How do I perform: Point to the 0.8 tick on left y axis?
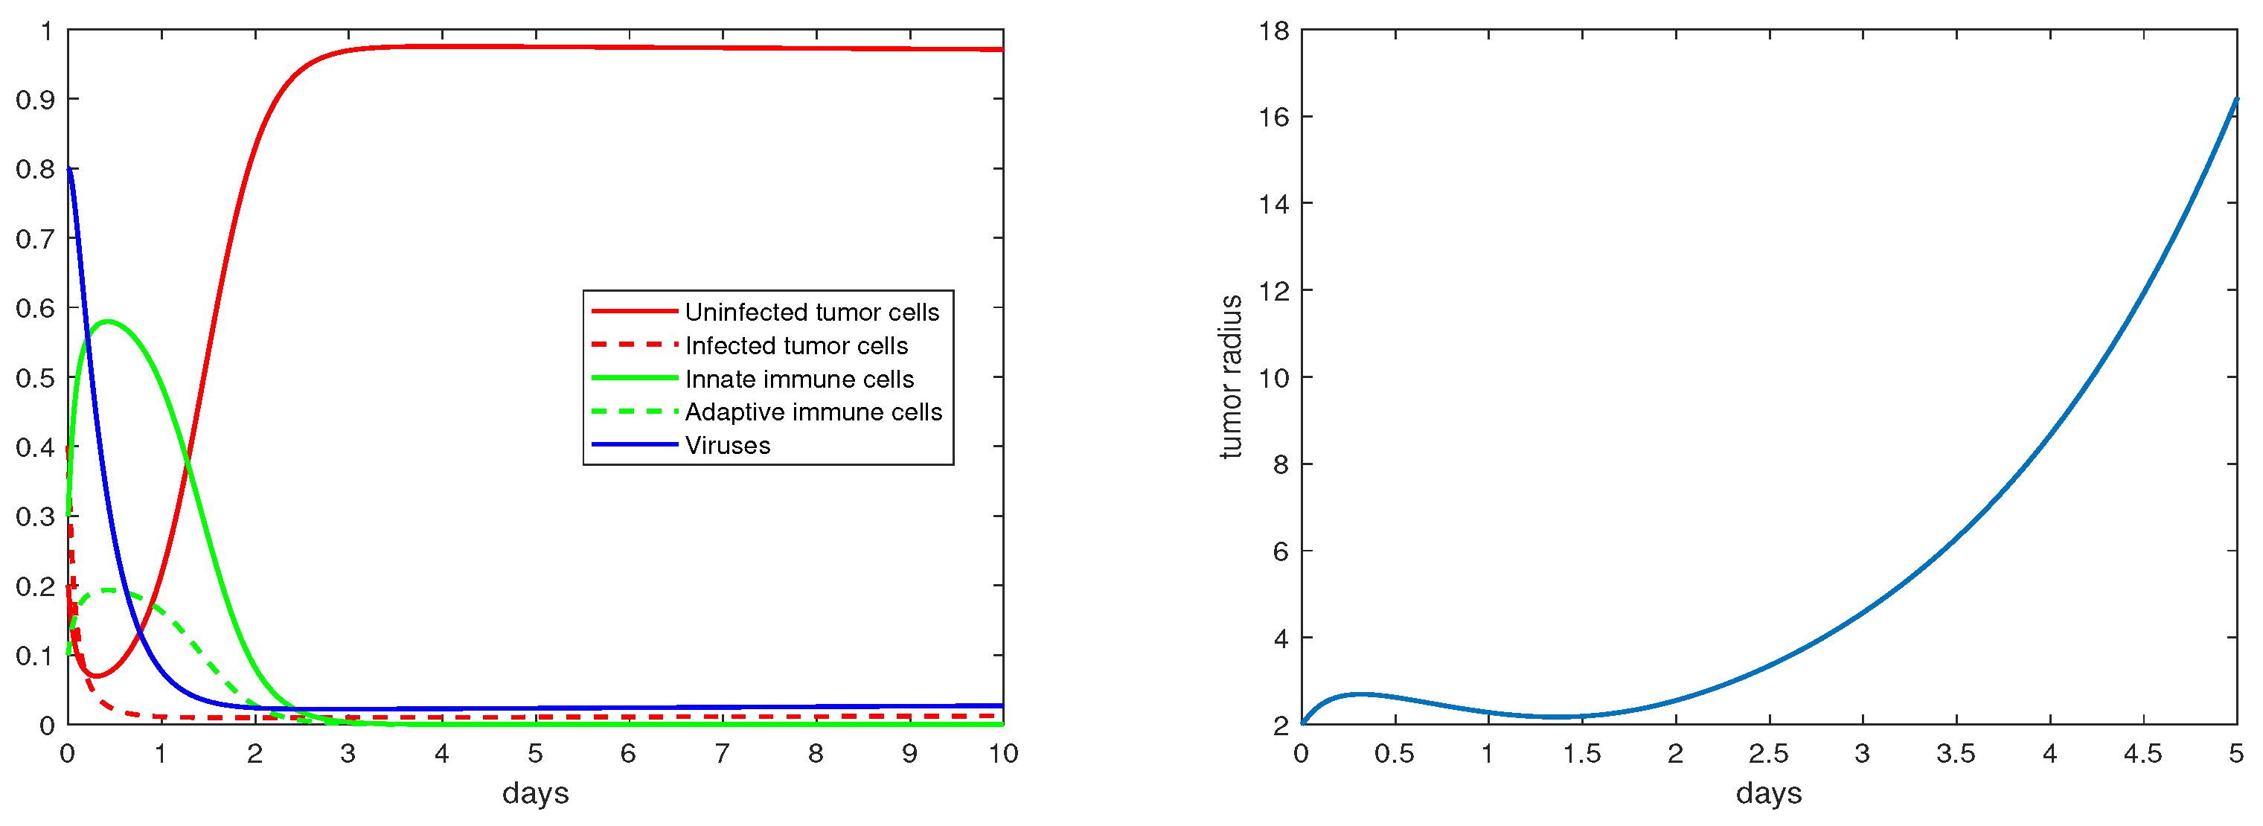(x=35, y=169)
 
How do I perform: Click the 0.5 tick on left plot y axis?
(x=35, y=378)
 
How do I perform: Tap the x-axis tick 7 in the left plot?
(x=722, y=754)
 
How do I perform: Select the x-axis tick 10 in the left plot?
(x=1002, y=754)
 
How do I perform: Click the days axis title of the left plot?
(x=535, y=793)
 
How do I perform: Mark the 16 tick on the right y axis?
(x=1274, y=117)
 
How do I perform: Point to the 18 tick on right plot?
(x=1274, y=31)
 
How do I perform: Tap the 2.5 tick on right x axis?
(x=1768, y=754)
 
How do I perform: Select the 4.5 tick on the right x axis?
(x=2142, y=754)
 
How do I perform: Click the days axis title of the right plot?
(x=1768, y=793)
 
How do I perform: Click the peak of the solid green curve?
(x=108, y=321)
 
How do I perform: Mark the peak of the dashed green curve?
(x=108, y=589)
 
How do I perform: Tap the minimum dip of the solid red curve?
(x=96, y=676)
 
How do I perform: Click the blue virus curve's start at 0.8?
(x=69, y=169)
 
